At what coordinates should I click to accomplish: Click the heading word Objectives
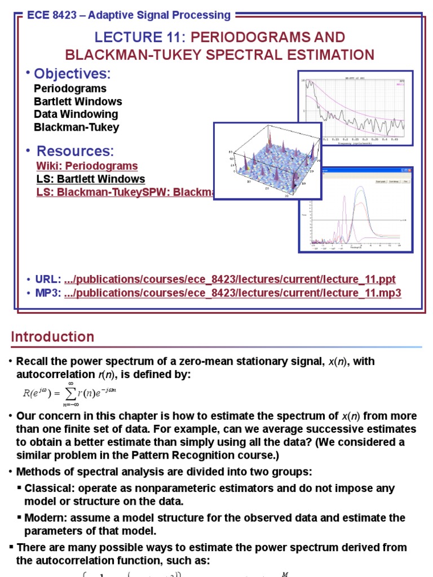[x=72, y=74]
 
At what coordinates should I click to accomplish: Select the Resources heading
[x=75, y=151]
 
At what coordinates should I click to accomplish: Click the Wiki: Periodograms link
[x=87, y=166]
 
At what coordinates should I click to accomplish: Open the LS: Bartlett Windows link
[x=90, y=179]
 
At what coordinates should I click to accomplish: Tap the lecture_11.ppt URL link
[x=230, y=279]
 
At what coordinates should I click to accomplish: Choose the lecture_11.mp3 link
[x=232, y=293]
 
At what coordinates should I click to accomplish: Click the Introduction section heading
[x=52, y=337]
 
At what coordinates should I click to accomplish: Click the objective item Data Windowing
[x=76, y=114]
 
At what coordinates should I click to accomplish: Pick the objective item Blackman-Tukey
[x=76, y=127]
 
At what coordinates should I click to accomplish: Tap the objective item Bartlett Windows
[x=78, y=101]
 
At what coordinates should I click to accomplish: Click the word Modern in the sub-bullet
[x=43, y=518]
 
